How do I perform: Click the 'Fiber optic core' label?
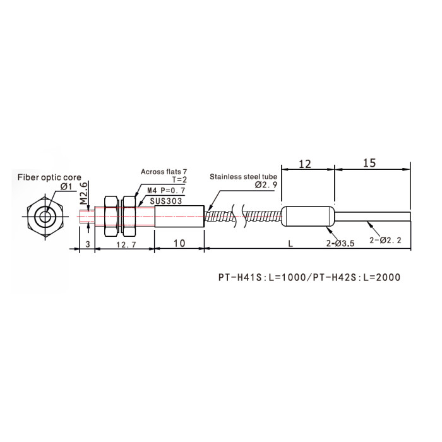(49, 177)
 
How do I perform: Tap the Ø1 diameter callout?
(66, 187)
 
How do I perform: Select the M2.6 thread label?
(84, 193)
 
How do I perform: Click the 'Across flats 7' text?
(164, 172)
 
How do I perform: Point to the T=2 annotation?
(179, 180)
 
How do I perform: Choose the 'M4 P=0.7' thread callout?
(166, 191)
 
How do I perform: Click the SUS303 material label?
(166, 201)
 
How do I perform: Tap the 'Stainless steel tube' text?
(243, 177)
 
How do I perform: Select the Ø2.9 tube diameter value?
(266, 185)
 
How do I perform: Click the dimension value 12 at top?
(305, 164)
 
